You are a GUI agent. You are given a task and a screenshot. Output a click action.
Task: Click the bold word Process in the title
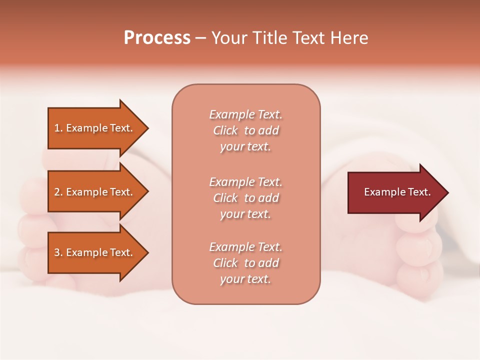tap(157, 38)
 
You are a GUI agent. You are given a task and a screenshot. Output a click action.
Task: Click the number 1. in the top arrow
tap(58, 128)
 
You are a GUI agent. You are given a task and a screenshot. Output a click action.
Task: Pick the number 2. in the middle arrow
tap(58, 192)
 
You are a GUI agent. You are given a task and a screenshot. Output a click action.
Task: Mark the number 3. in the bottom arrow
tap(58, 252)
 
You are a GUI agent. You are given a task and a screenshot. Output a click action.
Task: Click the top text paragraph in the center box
tap(245, 130)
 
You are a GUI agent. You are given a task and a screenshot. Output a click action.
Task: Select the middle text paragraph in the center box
tap(245, 198)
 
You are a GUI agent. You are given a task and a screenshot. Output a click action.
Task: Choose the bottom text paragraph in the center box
tap(245, 263)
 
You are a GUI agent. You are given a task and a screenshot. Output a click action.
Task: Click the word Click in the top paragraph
tap(225, 130)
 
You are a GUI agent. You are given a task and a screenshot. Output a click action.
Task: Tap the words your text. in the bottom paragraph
tap(245, 279)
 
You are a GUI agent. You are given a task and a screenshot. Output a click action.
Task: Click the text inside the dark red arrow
tap(397, 192)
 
